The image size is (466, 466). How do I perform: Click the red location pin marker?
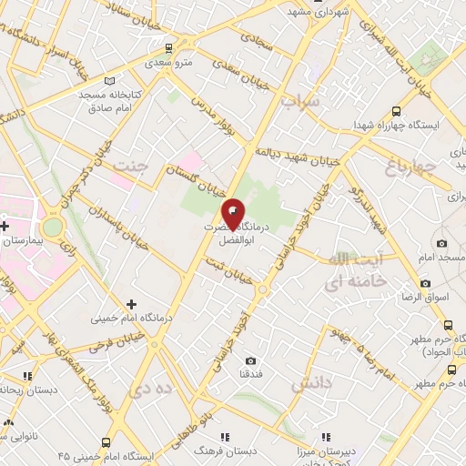(x=233, y=213)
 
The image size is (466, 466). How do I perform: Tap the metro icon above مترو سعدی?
(x=168, y=49)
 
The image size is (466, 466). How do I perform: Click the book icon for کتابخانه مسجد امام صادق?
(x=111, y=80)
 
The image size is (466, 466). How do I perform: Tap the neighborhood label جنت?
(x=130, y=167)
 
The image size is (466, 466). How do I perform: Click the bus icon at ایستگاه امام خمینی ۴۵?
(x=107, y=441)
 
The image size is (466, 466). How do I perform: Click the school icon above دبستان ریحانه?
(x=27, y=375)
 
